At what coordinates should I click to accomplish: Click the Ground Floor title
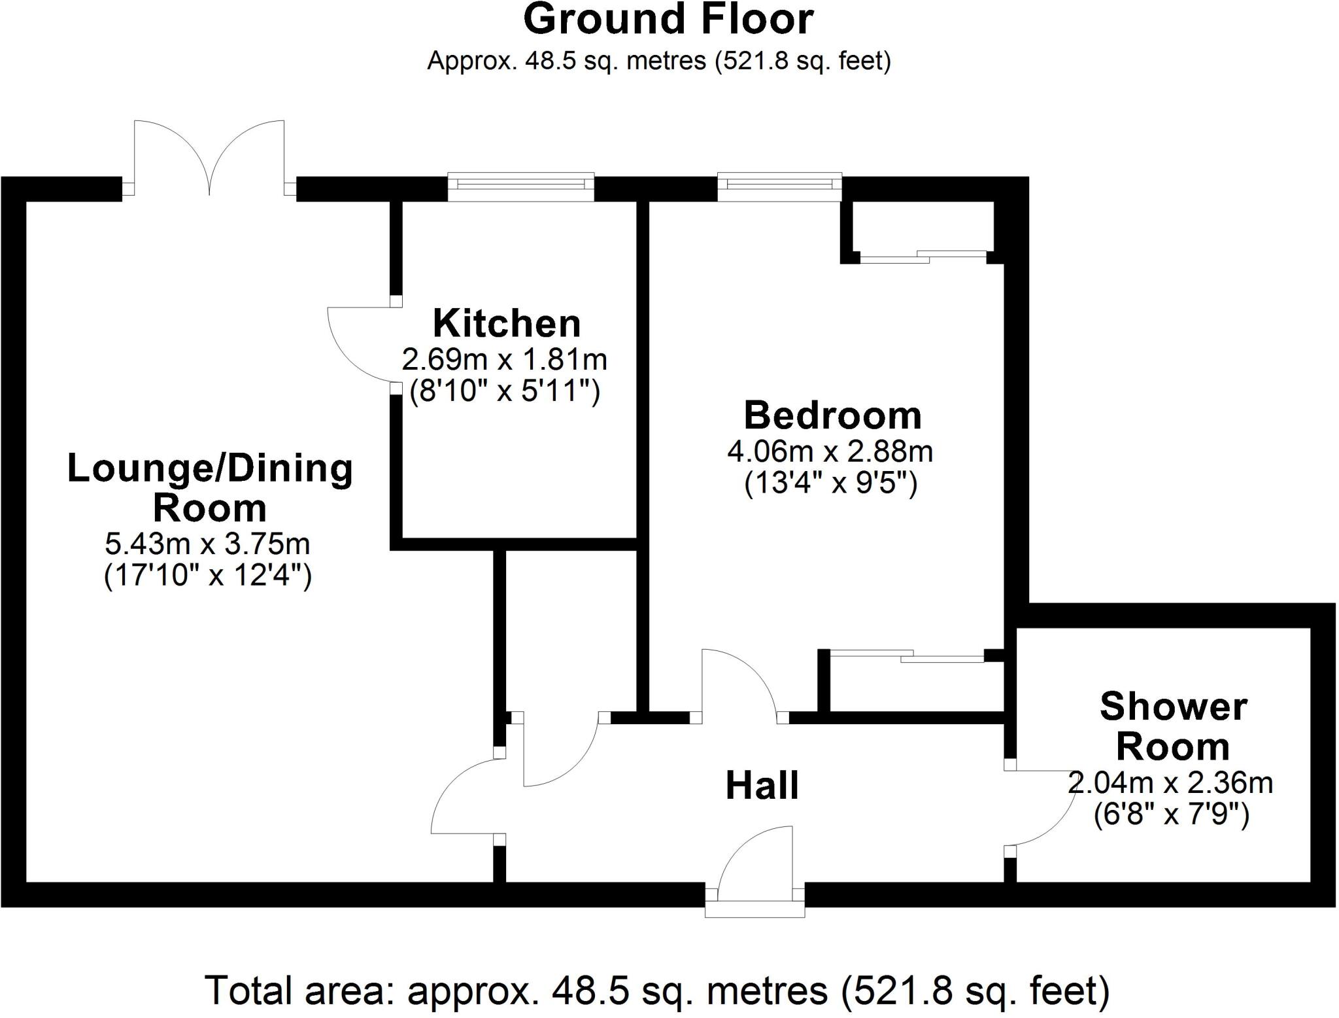(668, 20)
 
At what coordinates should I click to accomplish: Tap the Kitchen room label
(506, 323)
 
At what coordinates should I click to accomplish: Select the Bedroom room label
(832, 415)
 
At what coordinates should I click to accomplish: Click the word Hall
(762, 786)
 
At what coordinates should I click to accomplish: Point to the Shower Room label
(1173, 726)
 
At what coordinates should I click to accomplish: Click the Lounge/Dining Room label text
(210, 488)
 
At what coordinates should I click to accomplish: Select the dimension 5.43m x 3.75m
(207, 543)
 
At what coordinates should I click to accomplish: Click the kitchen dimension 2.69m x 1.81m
(504, 359)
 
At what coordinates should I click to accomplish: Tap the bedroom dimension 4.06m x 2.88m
(830, 451)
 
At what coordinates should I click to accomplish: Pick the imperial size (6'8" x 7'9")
(1172, 815)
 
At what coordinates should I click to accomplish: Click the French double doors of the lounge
(209, 157)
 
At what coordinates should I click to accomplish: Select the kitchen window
(520, 186)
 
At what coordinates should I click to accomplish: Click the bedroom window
(779, 186)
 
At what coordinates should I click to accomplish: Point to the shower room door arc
(1046, 811)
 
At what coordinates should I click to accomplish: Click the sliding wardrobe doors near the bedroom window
(922, 256)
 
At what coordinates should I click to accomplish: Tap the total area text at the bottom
(657, 991)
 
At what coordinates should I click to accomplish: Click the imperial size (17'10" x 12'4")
(207, 576)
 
